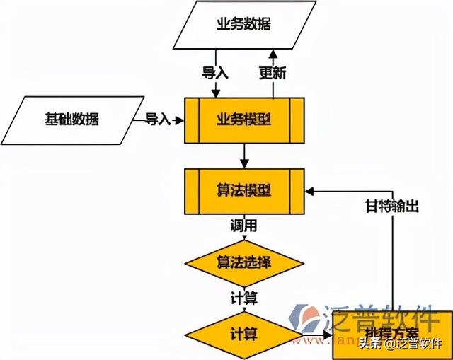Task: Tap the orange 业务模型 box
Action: (x=243, y=119)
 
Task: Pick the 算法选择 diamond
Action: (x=243, y=262)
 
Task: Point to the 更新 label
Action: (x=273, y=74)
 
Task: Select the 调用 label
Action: (x=243, y=227)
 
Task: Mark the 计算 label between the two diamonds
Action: (x=243, y=298)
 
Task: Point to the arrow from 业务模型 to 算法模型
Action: (x=243, y=155)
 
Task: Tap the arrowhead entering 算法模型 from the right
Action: (x=310, y=190)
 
